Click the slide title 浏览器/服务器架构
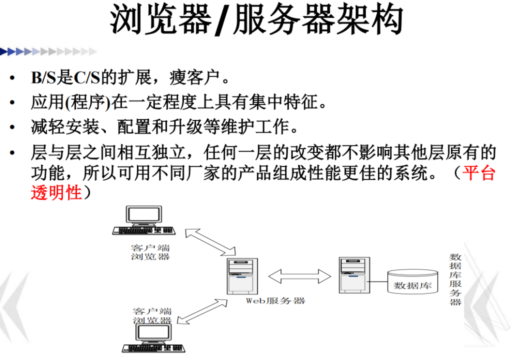click(256, 19)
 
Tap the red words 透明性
click(56, 192)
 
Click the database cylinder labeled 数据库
click(412, 281)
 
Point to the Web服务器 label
click(275, 300)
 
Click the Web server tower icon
click(242, 276)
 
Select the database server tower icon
click(354, 275)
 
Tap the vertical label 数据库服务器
click(455, 279)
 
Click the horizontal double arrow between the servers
click(299, 276)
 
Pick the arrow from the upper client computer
click(210, 242)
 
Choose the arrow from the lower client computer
click(202, 311)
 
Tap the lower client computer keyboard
click(154, 348)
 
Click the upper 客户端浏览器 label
click(150, 252)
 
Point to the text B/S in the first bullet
click(43, 77)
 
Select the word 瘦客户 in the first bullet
click(194, 77)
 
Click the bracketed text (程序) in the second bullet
click(87, 102)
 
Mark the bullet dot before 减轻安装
click(12, 127)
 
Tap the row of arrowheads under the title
click(48, 51)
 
